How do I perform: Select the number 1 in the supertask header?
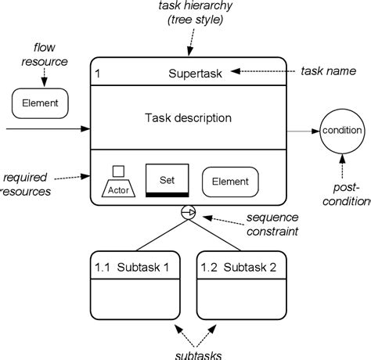(x=97, y=74)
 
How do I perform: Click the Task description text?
(x=188, y=118)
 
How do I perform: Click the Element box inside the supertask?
(x=230, y=181)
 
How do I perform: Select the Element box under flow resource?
(x=40, y=101)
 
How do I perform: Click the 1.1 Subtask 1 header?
(x=135, y=267)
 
